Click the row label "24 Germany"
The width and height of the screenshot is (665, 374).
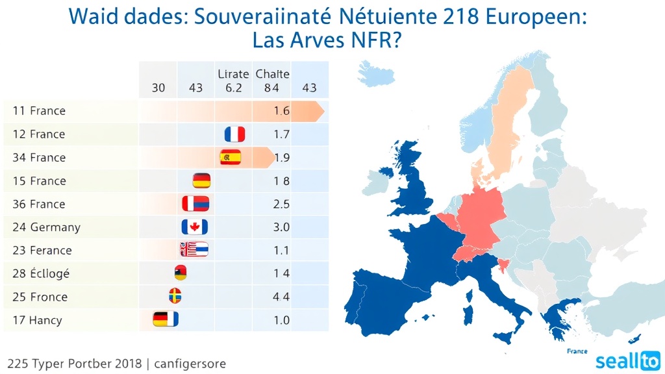[x=46, y=227]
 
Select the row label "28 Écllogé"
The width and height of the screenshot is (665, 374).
[x=40, y=273]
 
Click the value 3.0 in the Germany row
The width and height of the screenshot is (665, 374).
[x=281, y=227]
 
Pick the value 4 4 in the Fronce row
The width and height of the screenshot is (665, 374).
[x=281, y=297]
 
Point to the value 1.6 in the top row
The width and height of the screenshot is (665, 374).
[x=281, y=111]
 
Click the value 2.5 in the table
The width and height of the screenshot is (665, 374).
[x=281, y=204]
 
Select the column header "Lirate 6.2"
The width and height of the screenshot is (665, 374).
[x=234, y=81]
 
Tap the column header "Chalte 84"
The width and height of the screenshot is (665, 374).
[x=268, y=81]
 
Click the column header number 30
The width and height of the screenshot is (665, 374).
[x=158, y=88]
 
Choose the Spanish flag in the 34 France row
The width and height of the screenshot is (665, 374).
[x=231, y=157]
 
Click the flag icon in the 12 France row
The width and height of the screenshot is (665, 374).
[x=234, y=134]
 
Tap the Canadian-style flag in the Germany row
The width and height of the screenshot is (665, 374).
[x=194, y=227]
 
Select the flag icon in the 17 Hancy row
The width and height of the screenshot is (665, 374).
[x=165, y=319]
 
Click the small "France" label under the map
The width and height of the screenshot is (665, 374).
[x=577, y=351]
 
